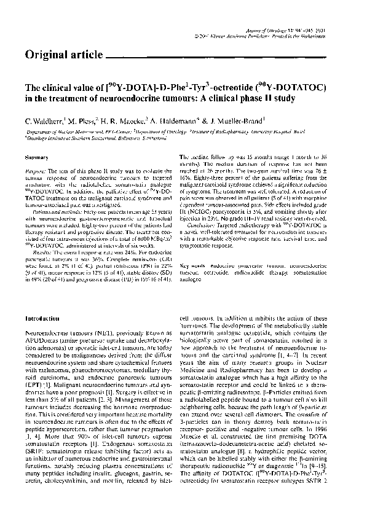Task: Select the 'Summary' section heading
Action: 36,158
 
